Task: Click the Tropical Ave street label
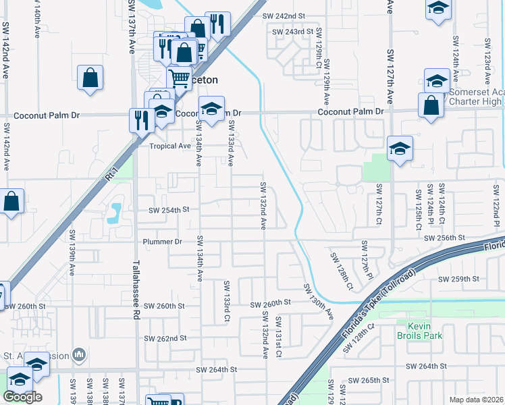tap(170, 146)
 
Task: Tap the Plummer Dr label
tap(162, 242)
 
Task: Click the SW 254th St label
tap(169, 210)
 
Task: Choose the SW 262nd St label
tap(165, 338)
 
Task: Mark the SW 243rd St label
tap(293, 32)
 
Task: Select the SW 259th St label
tap(458, 279)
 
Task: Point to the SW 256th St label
tap(444, 238)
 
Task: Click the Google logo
tap(22, 397)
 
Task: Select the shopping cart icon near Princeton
tap(179, 78)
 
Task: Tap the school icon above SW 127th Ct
tap(400, 148)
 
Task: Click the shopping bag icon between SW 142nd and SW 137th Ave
tap(90, 78)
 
